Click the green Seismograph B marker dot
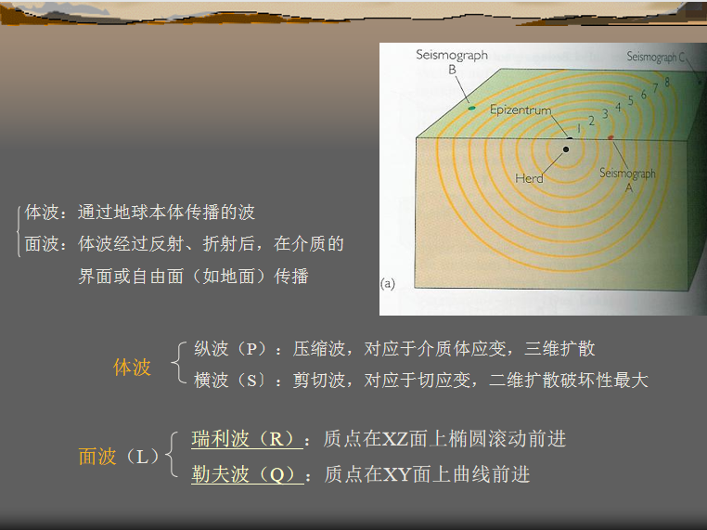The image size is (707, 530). (x=471, y=109)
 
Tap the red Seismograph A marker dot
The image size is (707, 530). (x=611, y=137)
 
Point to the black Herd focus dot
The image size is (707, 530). (x=566, y=149)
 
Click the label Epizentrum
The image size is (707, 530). (x=521, y=110)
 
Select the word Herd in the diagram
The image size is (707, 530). (x=529, y=178)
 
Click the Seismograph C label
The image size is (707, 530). (x=656, y=57)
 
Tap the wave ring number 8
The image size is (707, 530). (x=667, y=82)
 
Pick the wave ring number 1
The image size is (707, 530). (x=579, y=128)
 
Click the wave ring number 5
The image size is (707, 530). (x=630, y=100)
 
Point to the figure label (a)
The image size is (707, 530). (x=387, y=284)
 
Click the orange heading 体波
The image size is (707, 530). (x=132, y=368)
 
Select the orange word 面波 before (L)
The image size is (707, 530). (x=97, y=457)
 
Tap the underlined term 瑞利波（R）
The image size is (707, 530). (x=247, y=439)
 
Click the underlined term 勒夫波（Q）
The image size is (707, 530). (x=248, y=474)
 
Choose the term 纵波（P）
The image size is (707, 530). (x=234, y=349)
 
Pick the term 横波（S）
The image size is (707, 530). (x=234, y=381)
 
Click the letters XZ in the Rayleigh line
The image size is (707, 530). (x=395, y=439)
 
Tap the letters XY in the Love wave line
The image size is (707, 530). (x=397, y=474)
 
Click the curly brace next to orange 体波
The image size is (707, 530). (x=179, y=363)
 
